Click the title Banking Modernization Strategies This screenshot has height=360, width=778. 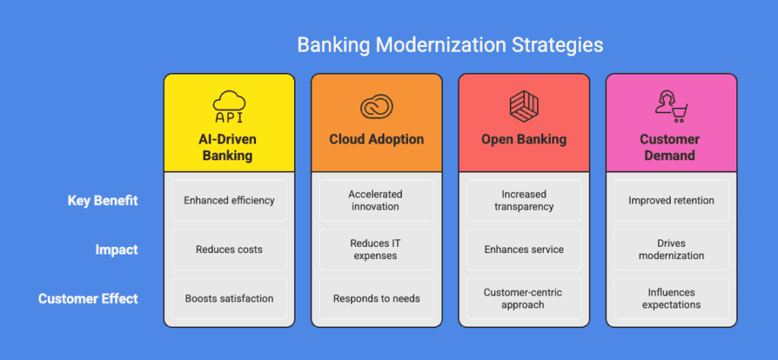click(x=450, y=45)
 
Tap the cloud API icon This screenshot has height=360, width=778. click(x=229, y=106)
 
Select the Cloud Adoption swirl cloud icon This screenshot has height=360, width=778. click(x=376, y=107)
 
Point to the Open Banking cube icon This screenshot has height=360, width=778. click(x=523, y=106)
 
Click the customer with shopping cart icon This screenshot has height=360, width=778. click(x=670, y=106)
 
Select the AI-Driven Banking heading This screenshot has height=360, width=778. click(x=229, y=147)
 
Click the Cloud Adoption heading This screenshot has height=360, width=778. click(x=376, y=140)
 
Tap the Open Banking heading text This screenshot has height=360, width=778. click(x=523, y=140)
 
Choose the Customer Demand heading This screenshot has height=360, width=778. click(x=670, y=147)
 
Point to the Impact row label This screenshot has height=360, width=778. click(x=115, y=249)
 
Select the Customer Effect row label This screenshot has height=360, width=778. click(x=88, y=298)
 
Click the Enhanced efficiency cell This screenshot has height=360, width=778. click(x=229, y=201)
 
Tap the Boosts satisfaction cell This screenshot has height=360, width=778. click(x=229, y=298)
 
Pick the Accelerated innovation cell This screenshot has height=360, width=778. click(x=376, y=201)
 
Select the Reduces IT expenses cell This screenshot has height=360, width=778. click(x=376, y=249)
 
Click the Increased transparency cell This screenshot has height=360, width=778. click(x=523, y=201)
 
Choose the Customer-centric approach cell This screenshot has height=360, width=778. click(x=523, y=298)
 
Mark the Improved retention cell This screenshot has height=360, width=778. click(x=670, y=201)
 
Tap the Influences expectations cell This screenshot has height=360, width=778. click(x=670, y=298)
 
